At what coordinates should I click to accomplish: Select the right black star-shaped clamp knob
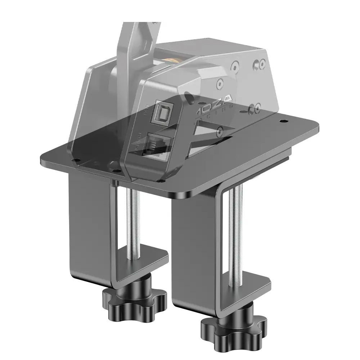pyautogui.click(x=234, y=326)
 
